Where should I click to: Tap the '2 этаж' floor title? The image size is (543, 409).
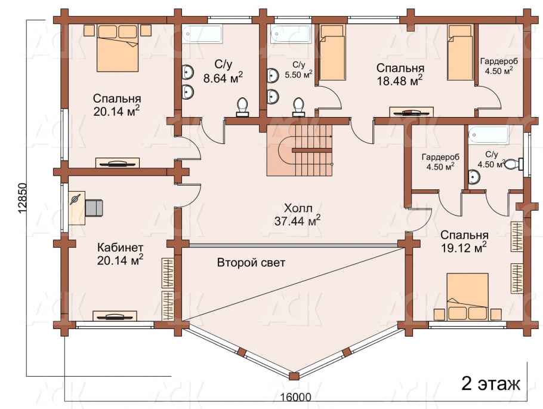point(490,384)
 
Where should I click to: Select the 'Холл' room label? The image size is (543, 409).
point(298,208)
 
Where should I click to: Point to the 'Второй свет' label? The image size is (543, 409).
point(251,263)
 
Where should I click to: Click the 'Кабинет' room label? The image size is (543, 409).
point(120,248)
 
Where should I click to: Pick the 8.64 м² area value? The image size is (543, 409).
point(223,78)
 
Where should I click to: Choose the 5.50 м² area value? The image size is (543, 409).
point(298,74)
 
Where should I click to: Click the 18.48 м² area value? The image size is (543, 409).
point(400,81)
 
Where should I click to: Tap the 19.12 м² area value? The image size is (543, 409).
point(464,247)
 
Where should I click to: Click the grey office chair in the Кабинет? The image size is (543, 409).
point(94,207)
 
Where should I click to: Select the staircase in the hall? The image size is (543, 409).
point(300,150)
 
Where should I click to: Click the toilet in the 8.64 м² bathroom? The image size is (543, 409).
point(242,107)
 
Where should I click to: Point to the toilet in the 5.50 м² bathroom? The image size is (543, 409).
point(298,107)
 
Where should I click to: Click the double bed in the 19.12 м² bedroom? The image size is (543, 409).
point(467,296)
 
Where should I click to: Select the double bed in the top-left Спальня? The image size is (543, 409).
point(118,48)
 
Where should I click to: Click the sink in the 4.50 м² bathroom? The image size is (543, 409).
point(474,177)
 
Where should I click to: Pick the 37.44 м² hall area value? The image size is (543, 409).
point(297,220)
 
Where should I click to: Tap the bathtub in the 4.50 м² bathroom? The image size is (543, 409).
point(488,136)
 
